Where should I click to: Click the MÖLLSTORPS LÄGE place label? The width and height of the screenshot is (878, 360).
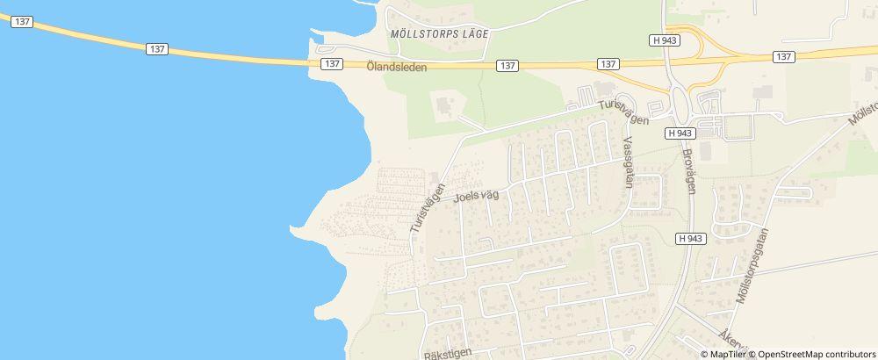pos(438,32)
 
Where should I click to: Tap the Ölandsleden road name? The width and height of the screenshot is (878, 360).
pos(397,65)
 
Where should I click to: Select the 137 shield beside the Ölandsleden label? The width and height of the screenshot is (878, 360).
pos(332,65)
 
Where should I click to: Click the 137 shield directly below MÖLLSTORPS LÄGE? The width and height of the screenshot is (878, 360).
pos(507,66)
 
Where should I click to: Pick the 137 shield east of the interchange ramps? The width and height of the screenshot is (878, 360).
pos(785,56)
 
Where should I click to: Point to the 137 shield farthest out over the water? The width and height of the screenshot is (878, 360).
pos(23,22)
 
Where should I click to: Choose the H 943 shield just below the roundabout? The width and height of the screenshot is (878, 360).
pos(680,133)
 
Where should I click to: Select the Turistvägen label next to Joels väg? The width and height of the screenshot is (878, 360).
pos(428,207)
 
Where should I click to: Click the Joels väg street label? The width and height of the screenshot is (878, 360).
pos(476,196)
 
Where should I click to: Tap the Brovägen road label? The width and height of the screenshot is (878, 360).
pos(691,171)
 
